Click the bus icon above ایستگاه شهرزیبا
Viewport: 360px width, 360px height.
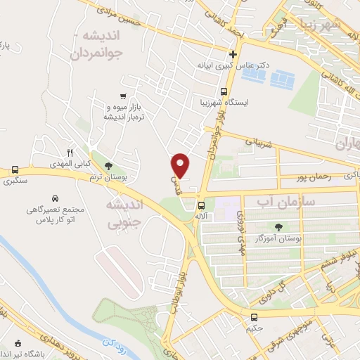pos(224,91)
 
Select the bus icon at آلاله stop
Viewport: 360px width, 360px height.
pos(202,206)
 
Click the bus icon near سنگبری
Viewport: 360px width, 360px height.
pos(15,170)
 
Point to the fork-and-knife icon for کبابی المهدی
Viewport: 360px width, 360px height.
pos(70,151)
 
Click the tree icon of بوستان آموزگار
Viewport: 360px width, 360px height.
pos(279,227)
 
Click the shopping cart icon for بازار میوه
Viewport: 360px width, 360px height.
pos(124,96)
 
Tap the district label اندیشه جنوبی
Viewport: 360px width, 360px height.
pos(124,212)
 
